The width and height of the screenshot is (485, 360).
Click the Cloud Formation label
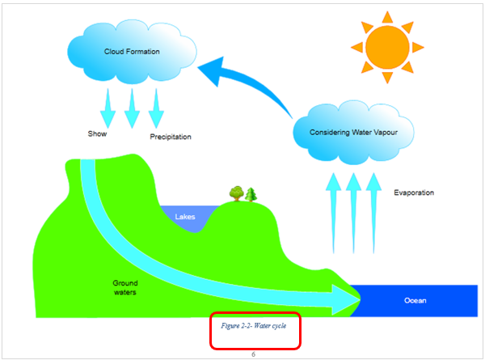tap(132, 52)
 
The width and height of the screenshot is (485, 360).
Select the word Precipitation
tap(171, 137)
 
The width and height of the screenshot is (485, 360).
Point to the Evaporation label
tap(414, 193)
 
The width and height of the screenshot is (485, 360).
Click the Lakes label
tap(186, 217)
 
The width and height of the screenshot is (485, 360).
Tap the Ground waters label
tap(124, 287)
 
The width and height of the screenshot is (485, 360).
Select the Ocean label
tap(415, 301)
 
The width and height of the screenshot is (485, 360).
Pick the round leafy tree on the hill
tap(236, 193)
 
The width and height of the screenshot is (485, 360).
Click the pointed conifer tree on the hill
tap(251, 194)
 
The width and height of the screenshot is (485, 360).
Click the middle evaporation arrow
tap(352, 210)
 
